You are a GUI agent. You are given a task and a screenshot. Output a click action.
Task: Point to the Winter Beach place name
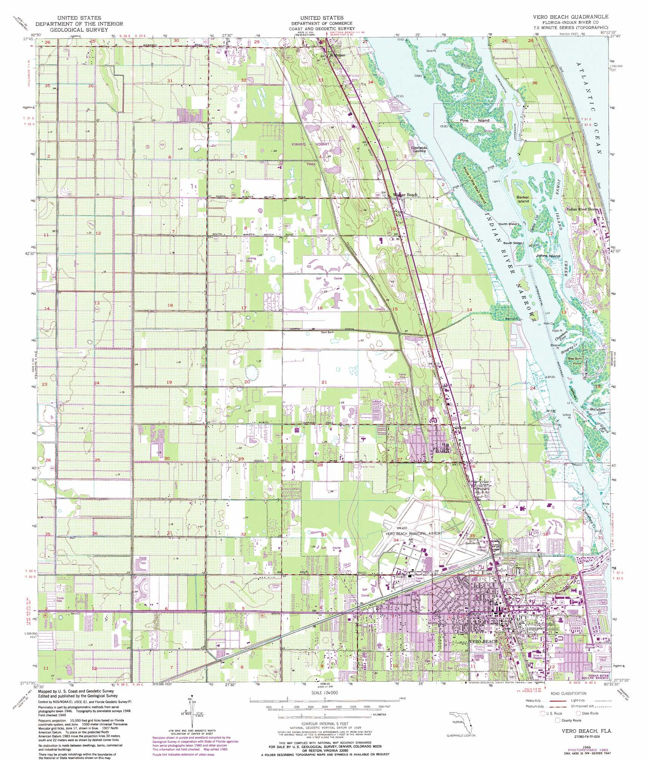pyautogui.click(x=406, y=195)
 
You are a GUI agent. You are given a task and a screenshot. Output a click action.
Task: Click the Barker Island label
pyautogui.click(x=523, y=199)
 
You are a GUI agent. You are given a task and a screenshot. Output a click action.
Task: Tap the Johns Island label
pyautogui.click(x=548, y=256)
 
